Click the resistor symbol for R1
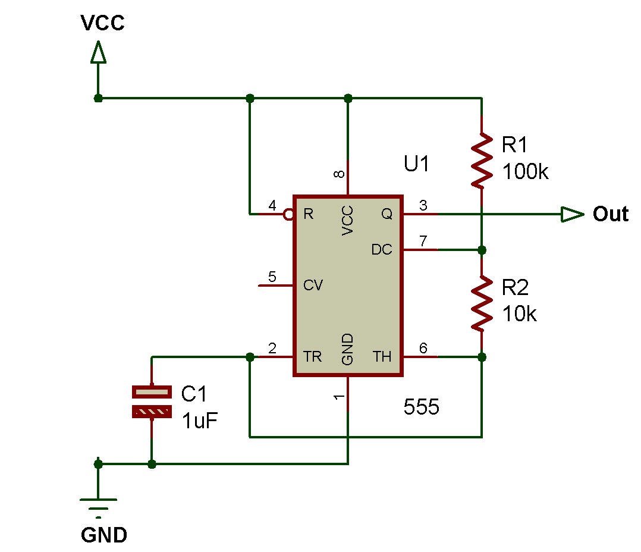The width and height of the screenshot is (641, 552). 482,159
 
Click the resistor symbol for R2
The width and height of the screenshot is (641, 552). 482,303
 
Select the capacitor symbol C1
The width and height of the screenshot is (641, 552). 152,402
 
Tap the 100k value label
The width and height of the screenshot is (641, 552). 525,172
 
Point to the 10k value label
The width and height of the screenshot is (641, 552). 519,314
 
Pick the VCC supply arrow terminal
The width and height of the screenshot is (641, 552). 98,54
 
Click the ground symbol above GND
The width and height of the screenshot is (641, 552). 98,504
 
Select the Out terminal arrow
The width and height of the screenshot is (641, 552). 573,214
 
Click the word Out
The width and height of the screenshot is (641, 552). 610,214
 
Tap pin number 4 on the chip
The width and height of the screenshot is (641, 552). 272,206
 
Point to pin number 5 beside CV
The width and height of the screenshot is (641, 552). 272,277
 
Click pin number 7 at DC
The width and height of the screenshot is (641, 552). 423,241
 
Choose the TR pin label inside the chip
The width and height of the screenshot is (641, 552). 313,357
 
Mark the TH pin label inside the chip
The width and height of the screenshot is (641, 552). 382,357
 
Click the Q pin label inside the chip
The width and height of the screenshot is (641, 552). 387,214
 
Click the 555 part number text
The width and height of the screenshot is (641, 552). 421,407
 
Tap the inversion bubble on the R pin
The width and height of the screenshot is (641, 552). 288,214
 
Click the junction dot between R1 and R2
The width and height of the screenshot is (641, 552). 482,250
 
